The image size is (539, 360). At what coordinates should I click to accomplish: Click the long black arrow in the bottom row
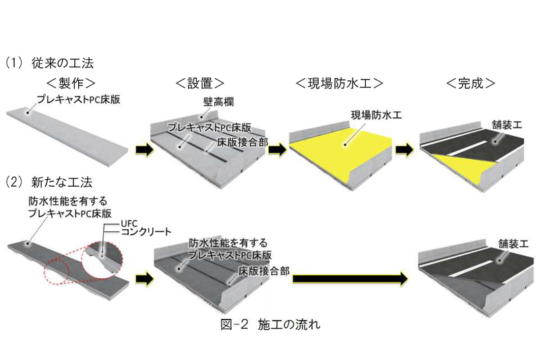pyautogui.click(x=351, y=277)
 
